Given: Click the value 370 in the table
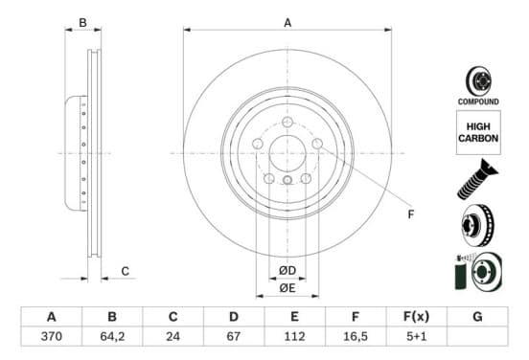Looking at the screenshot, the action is point(52,336).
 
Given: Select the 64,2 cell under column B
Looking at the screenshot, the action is point(112,336).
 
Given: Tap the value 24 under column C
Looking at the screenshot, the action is point(172,336).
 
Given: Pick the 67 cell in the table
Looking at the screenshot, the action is point(234,336).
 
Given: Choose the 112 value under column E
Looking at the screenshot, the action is point(294,336).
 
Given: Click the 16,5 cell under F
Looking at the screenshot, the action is point(356,336).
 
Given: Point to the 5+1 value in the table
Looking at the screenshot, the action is point(416,336).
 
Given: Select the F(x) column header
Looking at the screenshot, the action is point(416,317).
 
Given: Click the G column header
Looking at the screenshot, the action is point(477,317).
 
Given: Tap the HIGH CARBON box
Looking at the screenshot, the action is point(478,132).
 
